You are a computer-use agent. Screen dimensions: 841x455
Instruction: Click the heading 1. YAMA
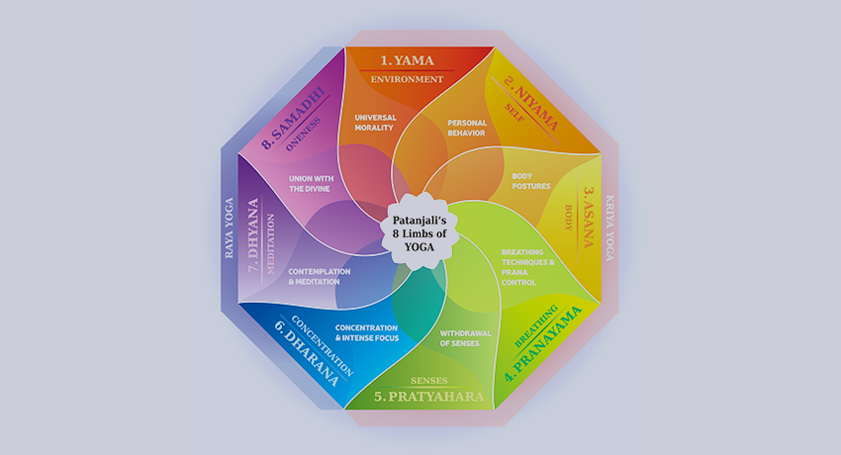pyautogui.click(x=407, y=60)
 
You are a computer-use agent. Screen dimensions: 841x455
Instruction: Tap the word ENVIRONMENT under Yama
pyautogui.click(x=407, y=79)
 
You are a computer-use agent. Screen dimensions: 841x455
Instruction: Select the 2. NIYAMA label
pyautogui.click(x=531, y=104)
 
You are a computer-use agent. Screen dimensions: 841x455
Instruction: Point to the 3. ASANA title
pyautogui.click(x=589, y=217)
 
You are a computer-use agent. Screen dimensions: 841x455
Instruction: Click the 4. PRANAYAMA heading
pyautogui.click(x=543, y=343)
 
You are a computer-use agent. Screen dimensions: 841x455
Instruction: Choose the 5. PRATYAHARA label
pyautogui.click(x=429, y=397)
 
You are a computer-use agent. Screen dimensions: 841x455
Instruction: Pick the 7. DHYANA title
pyautogui.click(x=253, y=235)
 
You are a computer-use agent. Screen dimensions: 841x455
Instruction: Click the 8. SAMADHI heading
pyautogui.click(x=294, y=118)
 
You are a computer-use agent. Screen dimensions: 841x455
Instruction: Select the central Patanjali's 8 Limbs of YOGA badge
pyautogui.click(x=420, y=233)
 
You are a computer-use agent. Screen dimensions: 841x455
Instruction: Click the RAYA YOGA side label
pyautogui.click(x=229, y=227)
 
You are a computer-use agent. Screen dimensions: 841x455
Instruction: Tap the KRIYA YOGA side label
pyautogui.click(x=609, y=227)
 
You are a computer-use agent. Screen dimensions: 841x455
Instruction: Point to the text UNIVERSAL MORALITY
pyautogui.click(x=375, y=123)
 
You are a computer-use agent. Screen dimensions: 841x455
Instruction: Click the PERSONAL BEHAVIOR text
pyautogui.click(x=467, y=128)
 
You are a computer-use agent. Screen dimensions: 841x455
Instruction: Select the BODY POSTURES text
pyautogui.click(x=531, y=181)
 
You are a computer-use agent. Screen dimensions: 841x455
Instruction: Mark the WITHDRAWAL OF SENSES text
pyautogui.click(x=466, y=338)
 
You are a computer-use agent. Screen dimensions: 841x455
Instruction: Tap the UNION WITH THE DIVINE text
pyautogui.click(x=311, y=184)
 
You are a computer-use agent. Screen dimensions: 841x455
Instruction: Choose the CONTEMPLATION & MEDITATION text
pyautogui.click(x=320, y=277)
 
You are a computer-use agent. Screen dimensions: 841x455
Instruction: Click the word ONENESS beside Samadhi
pyautogui.click(x=304, y=134)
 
